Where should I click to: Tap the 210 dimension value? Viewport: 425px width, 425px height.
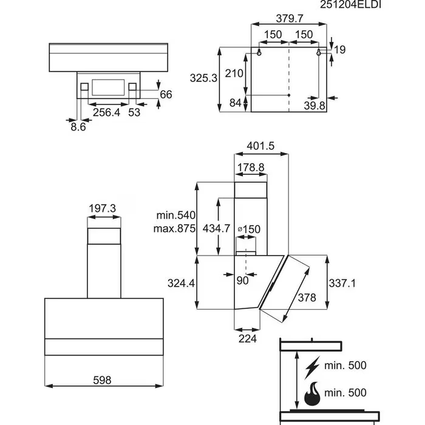[235, 74]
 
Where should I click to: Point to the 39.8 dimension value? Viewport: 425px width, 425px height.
[314, 106]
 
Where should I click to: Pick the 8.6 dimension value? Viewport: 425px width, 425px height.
[78, 127]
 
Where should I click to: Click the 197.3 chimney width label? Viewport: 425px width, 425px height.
[103, 208]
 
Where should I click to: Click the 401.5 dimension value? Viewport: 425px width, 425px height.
[262, 146]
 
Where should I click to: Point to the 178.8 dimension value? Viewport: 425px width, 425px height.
[250, 167]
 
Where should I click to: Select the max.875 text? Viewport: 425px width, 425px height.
[174, 229]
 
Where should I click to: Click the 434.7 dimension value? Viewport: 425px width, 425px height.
[215, 228]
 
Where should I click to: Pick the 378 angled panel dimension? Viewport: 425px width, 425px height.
[307, 297]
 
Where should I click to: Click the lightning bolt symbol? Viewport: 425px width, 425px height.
[314, 366]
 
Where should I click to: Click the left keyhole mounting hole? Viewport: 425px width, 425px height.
[259, 53]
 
